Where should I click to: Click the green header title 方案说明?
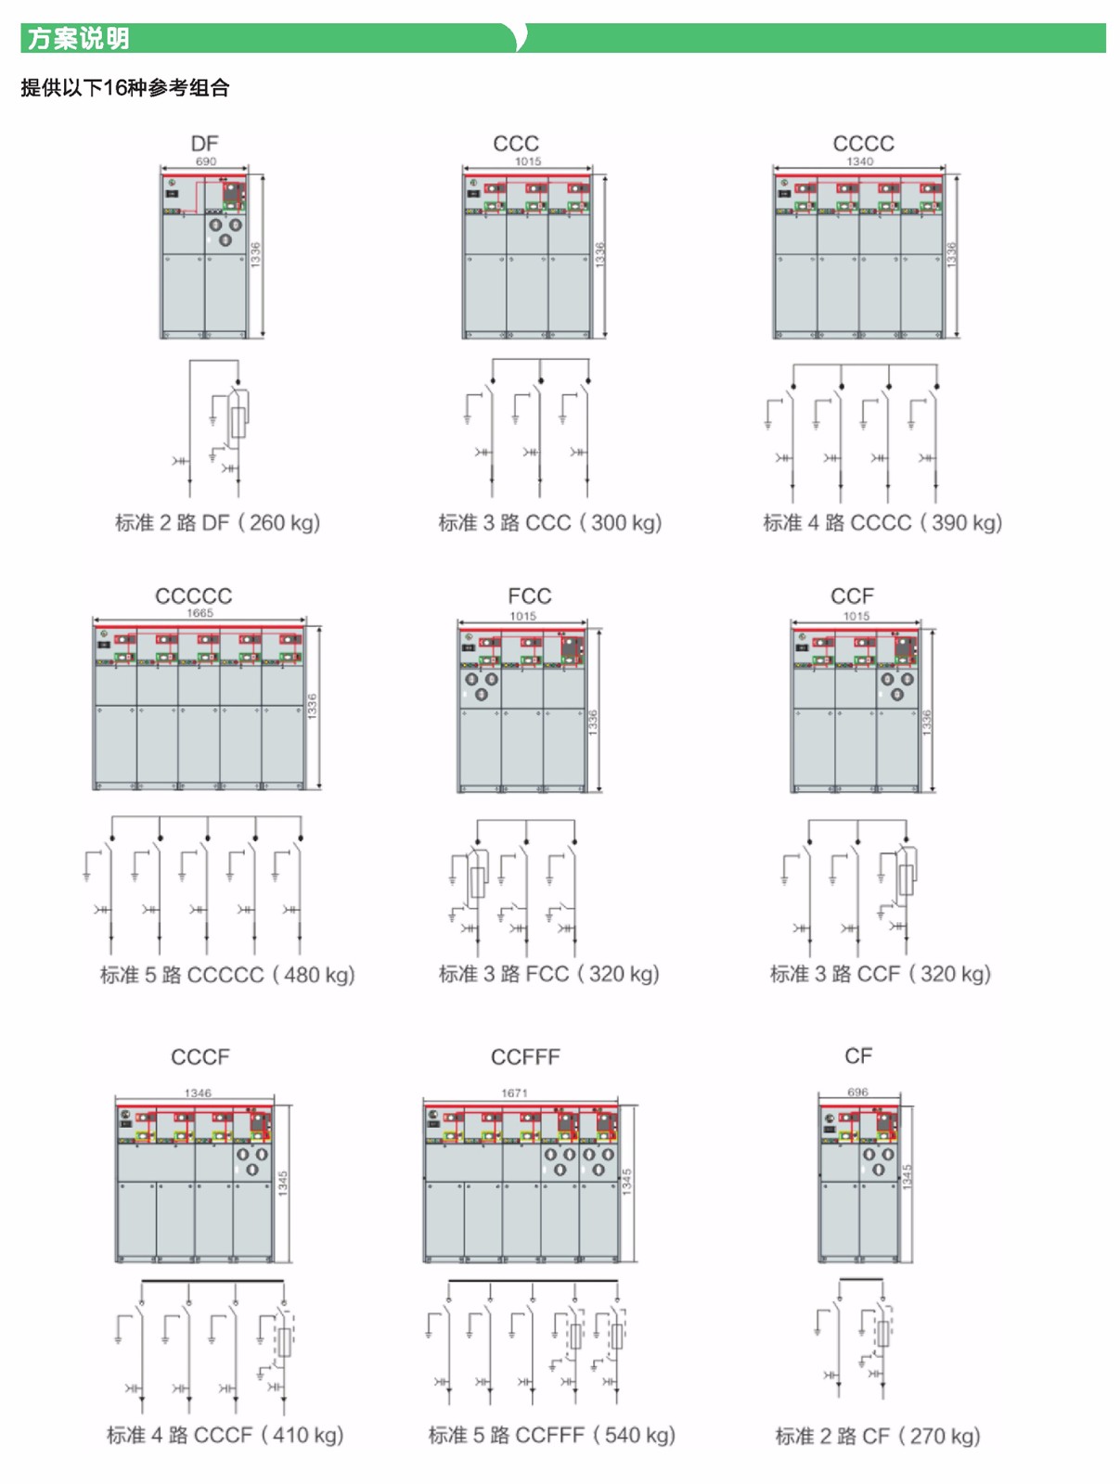click(78, 39)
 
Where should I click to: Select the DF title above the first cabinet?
click(204, 144)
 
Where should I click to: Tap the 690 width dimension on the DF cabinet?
click(205, 161)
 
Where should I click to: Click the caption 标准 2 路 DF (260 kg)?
click(217, 523)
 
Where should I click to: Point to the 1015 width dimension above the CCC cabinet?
click(528, 161)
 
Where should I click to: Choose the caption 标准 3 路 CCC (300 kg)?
click(550, 523)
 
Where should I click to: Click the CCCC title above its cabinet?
click(863, 144)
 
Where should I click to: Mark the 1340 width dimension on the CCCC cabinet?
click(859, 161)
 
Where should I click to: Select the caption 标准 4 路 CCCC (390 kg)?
click(882, 523)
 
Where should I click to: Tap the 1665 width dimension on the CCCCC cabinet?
click(200, 613)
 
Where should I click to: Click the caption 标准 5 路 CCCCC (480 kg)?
click(227, 976)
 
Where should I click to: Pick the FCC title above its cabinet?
click(529, 596)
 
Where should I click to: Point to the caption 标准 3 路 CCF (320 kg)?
click(881, 975)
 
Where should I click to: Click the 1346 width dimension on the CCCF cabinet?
click(198, 1094)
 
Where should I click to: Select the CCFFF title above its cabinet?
click(525, 1057)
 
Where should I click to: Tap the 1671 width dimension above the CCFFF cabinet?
click(514, 1094)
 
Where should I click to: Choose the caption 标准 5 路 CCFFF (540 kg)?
click(551, 1436)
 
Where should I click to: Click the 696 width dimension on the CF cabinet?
click(857, 1093)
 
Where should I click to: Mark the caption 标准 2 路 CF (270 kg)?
click(878, 1437)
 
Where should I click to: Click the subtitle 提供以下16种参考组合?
click(125, 88)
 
